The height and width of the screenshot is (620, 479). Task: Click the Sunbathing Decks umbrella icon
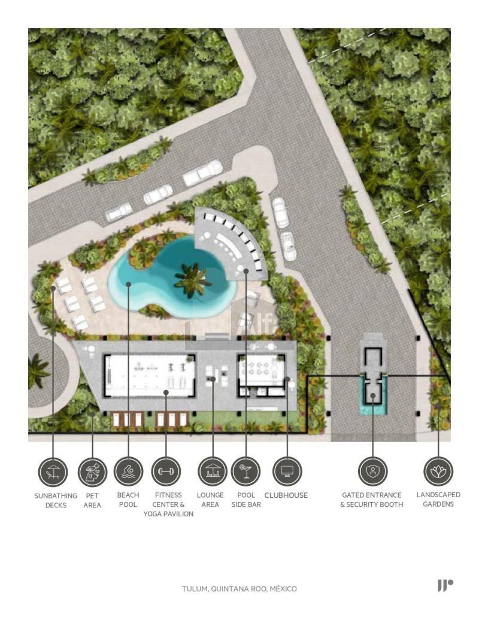(x=53, y=472)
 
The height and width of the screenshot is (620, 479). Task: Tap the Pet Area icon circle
(x=92, y=472)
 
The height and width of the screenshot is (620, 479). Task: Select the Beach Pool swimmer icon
(x=128, y=471)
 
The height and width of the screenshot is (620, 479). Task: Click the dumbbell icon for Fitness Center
(x=166, y=471)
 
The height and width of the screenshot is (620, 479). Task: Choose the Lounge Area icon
(x=213, y=471)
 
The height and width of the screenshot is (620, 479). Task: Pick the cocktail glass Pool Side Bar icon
(x=246, y=471)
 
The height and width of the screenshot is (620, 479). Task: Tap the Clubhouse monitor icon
(x=287, y=471)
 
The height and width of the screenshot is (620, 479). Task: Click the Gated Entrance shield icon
(x=372, y=471)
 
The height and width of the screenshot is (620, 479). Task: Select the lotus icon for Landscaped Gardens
(x=438, y=471)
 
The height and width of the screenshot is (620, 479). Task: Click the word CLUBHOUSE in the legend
(x=286, y=495)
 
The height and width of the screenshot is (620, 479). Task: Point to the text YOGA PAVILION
(x=168, y=514)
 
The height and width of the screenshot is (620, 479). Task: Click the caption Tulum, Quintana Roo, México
(x=239, y=589)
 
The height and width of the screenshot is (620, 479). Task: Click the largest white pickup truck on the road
(x=203, y=173)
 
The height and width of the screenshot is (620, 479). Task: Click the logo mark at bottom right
(x=445, y=586)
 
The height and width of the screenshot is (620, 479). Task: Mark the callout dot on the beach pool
(x=129, y=284)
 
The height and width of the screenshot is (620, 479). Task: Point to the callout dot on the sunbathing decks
(x=53, y=289)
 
